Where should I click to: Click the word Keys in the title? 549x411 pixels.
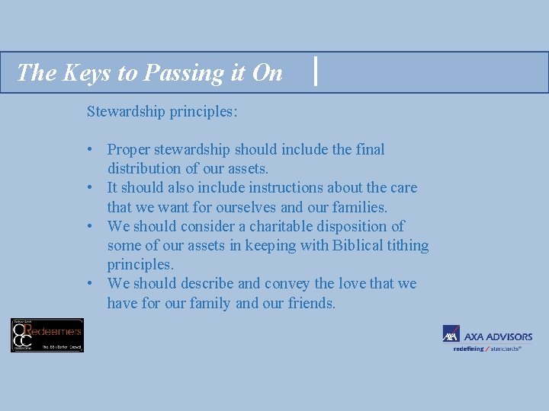pyautogui.click(x=79, y=72)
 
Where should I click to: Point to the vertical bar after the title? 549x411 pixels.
pyautogui.click(x=316, y=72)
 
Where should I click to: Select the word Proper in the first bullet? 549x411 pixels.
pyautogui.click(x=130, y=150)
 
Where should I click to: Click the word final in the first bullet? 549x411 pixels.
pyautogui.click(x=368, y=150)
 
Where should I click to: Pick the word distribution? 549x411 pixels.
pyautogui.click(x=146, y=168)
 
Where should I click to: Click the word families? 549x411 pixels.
pyautogui.click(x=358, y=207)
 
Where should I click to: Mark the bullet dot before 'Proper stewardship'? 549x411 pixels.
pyautogui.click(x=91, y=150)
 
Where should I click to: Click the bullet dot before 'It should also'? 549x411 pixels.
pyautogui.click(x=91, y=188)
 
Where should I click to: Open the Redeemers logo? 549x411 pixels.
pyautogui.click(x=47, y=335)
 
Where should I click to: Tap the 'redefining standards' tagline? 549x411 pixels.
pyautogui.click(x=487, y=349)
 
